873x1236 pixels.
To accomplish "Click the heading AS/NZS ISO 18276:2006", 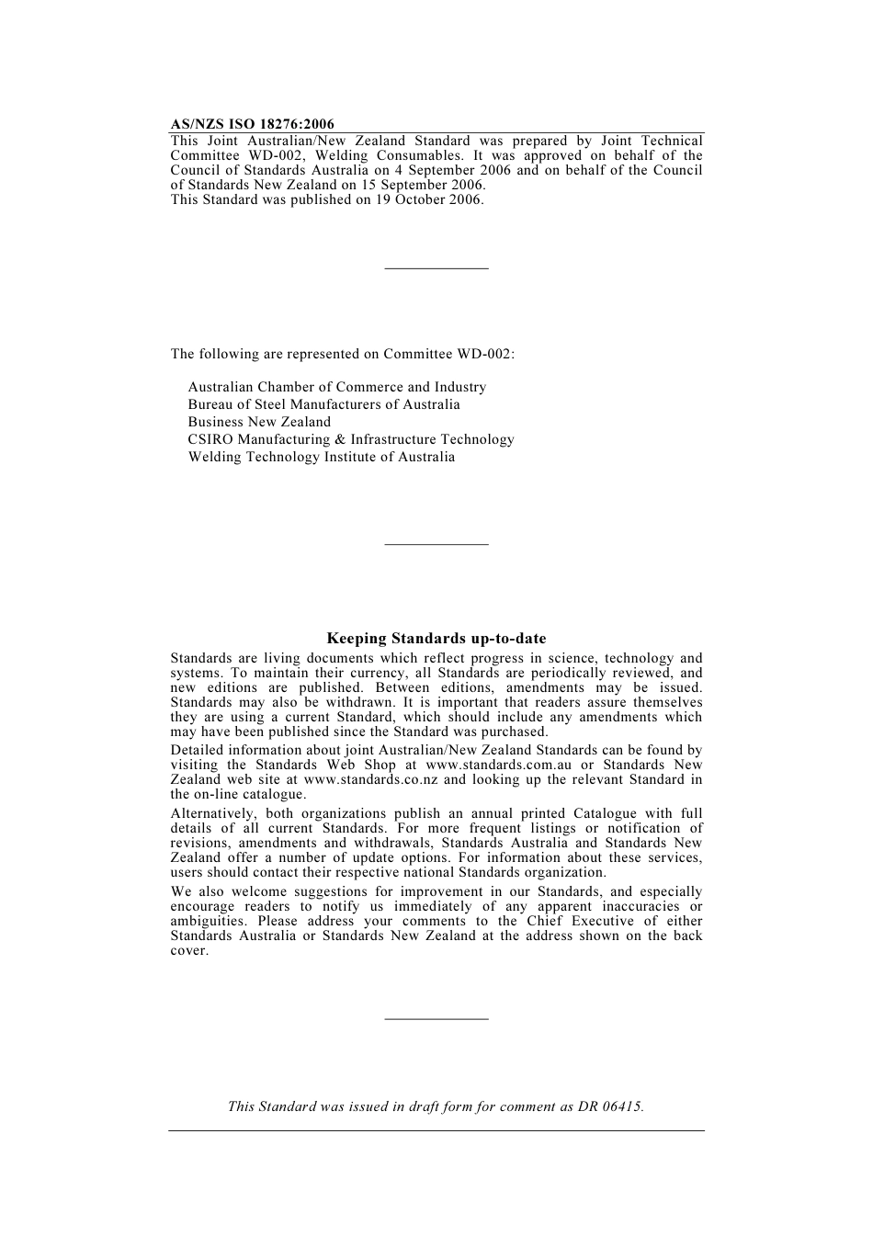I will pyautogui.click(x=252, y=124).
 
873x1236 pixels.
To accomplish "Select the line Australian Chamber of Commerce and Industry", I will pyautogui.click(x=336, y=387).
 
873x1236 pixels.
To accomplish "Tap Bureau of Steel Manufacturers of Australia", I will pyautogui.click(x=323, y=404).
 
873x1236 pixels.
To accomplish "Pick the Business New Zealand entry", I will pyautogui.click(x=259, y=422).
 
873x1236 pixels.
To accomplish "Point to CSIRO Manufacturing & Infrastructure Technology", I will pyautogui.click(x=350, y=439).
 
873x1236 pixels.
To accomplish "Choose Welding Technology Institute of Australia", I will pyautogui.click(x=321, y=457).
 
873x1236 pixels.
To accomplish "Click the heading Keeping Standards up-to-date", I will pyautogui.click(x=436, y=639).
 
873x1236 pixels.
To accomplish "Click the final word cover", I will pyautogui.click(x=189, y=950).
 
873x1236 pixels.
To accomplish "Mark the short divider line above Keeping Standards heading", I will pyautogui.click(x=436, y=544).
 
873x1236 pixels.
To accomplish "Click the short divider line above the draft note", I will pyautogui.click(x=436, y=1018).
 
